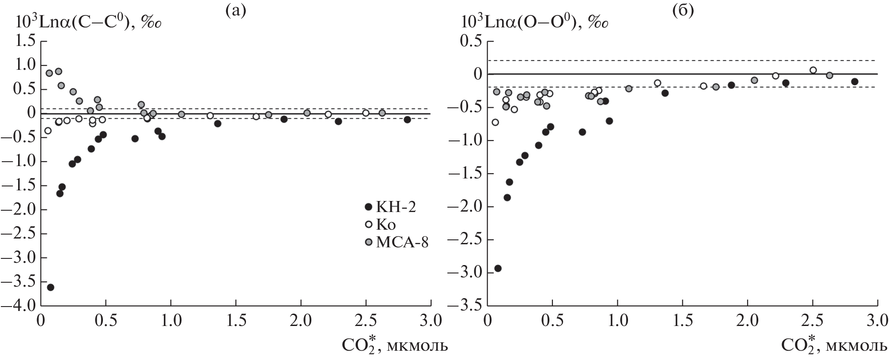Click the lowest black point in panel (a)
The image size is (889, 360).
(50, 287)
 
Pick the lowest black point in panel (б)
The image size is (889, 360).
(498, 268)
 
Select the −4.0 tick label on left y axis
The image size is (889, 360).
(20, 306)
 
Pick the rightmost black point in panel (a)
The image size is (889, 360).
(407, 120)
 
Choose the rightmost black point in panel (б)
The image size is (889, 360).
(855, 81)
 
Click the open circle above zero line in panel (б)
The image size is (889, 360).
(813, 70)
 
